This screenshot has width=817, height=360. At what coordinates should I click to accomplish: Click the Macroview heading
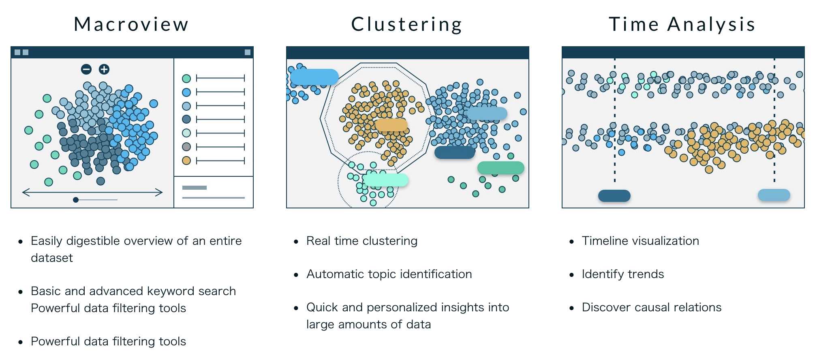tap(131, 24)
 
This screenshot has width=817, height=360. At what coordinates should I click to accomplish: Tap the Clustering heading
tap(406, 24)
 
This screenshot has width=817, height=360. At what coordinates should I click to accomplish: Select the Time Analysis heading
tap(682, 24)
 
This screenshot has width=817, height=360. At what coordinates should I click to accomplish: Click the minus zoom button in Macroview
tap(86, 69)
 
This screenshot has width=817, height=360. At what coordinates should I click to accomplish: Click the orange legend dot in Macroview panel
tap(186, 161)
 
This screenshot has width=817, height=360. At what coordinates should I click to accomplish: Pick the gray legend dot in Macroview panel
tap(186, 147)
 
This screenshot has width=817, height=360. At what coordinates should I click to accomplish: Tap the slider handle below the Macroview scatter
tap(76, 200)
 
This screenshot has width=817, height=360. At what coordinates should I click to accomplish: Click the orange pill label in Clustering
tap(391, 125)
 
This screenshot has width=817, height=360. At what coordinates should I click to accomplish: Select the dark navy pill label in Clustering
tap(454, 153)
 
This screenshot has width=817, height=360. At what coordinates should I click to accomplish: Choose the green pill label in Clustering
tap(501, 168)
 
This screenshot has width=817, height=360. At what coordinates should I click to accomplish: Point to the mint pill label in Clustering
tap(386, 180)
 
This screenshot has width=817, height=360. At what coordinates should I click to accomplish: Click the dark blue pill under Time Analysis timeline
tap(614, 196)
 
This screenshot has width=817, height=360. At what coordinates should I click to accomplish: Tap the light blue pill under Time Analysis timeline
tap(774, 195)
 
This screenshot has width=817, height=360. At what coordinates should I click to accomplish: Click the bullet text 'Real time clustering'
tap(361, 241)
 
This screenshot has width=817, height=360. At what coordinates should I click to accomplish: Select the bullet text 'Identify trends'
tap(622, 274)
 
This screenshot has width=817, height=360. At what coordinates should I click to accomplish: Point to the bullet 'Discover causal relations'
tap(651, 307)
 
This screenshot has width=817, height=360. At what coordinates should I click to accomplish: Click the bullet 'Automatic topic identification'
tap(389, 274)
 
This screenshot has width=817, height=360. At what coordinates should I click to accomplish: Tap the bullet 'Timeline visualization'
tap(640, 241)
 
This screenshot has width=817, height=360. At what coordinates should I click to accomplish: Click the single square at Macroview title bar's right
tap(248, 52)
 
